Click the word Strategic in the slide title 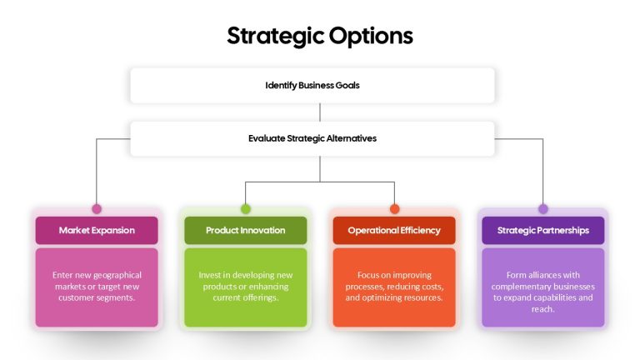tap(276, 37)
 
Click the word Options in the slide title tap(371, 37)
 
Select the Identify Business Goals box tap(312, 85)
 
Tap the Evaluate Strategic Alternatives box tap(312, 139)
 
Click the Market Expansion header tap(97, 230)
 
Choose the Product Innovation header tap(245, 230)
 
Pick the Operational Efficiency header tap(394, 230)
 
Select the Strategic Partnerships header tap(542, 230)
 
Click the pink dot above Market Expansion tap(97, 209)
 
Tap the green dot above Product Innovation tap(245, 209)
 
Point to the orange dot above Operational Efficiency tap(394, 209)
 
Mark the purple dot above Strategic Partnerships tap(542, 209)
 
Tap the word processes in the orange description tap(364, 287)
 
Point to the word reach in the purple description tap(542, 309)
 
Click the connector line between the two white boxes tap(320, 112)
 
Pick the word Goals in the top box tap(347, 85)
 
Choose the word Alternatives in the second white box tap(352, 138)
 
